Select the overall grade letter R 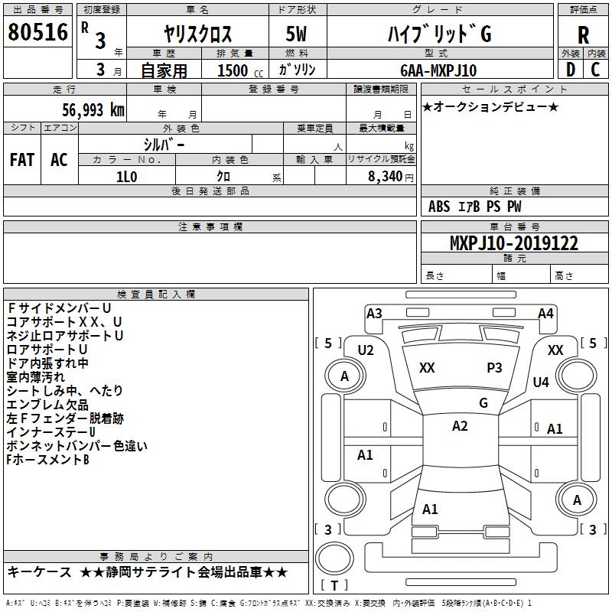(x=584, y=35)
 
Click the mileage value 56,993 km (x=86, y=110)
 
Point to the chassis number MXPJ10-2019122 (x=514, y=243)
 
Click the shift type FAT (x=21, y=160)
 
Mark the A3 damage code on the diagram (x=374, y=313)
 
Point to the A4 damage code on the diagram (x=545, y=313)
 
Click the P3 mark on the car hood (x=494, y=368)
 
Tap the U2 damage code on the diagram (x=366, y=350)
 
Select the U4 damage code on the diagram (x=541, y=382)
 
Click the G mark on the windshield (x=483, y=402)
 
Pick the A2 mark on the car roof (x=460, y=426)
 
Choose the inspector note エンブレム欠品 (x=47, y=405)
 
